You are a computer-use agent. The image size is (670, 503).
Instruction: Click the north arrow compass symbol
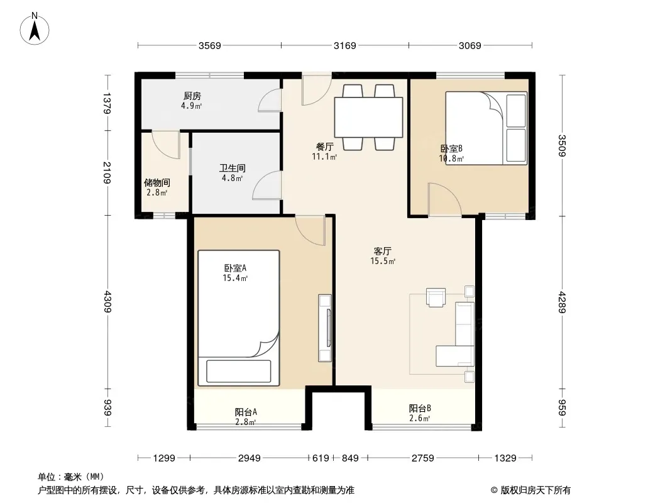click(35, 29)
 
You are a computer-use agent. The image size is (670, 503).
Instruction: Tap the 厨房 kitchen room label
click(192, 96)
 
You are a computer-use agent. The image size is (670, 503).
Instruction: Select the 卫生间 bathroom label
click(233, 169)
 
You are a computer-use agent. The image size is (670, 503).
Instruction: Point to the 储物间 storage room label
click(157, 183)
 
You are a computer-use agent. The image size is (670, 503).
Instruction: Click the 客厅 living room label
click(382, 251)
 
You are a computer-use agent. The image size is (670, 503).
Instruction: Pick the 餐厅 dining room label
click(324, 147)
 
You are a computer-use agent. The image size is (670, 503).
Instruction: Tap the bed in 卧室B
click(486, 128)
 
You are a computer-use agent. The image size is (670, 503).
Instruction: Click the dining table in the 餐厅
click(368, 117)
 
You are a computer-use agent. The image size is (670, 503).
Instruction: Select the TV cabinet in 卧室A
click(325, 328)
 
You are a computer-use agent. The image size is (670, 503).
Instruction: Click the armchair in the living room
click(436, 297)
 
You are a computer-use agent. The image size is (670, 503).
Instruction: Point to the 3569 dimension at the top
click(210, 45)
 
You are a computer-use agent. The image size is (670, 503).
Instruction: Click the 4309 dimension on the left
click(107, 302)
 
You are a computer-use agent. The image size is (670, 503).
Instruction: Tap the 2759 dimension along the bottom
click(422, 458)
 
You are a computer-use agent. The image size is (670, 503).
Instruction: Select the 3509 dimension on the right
click(562, 146)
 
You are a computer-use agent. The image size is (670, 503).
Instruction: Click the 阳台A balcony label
click(246, 412)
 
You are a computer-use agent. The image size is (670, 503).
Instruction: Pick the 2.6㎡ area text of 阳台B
click(420, 418)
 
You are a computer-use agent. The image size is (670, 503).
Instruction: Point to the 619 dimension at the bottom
click(321, 458)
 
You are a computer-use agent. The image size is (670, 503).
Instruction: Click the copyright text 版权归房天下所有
click(535, 490)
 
